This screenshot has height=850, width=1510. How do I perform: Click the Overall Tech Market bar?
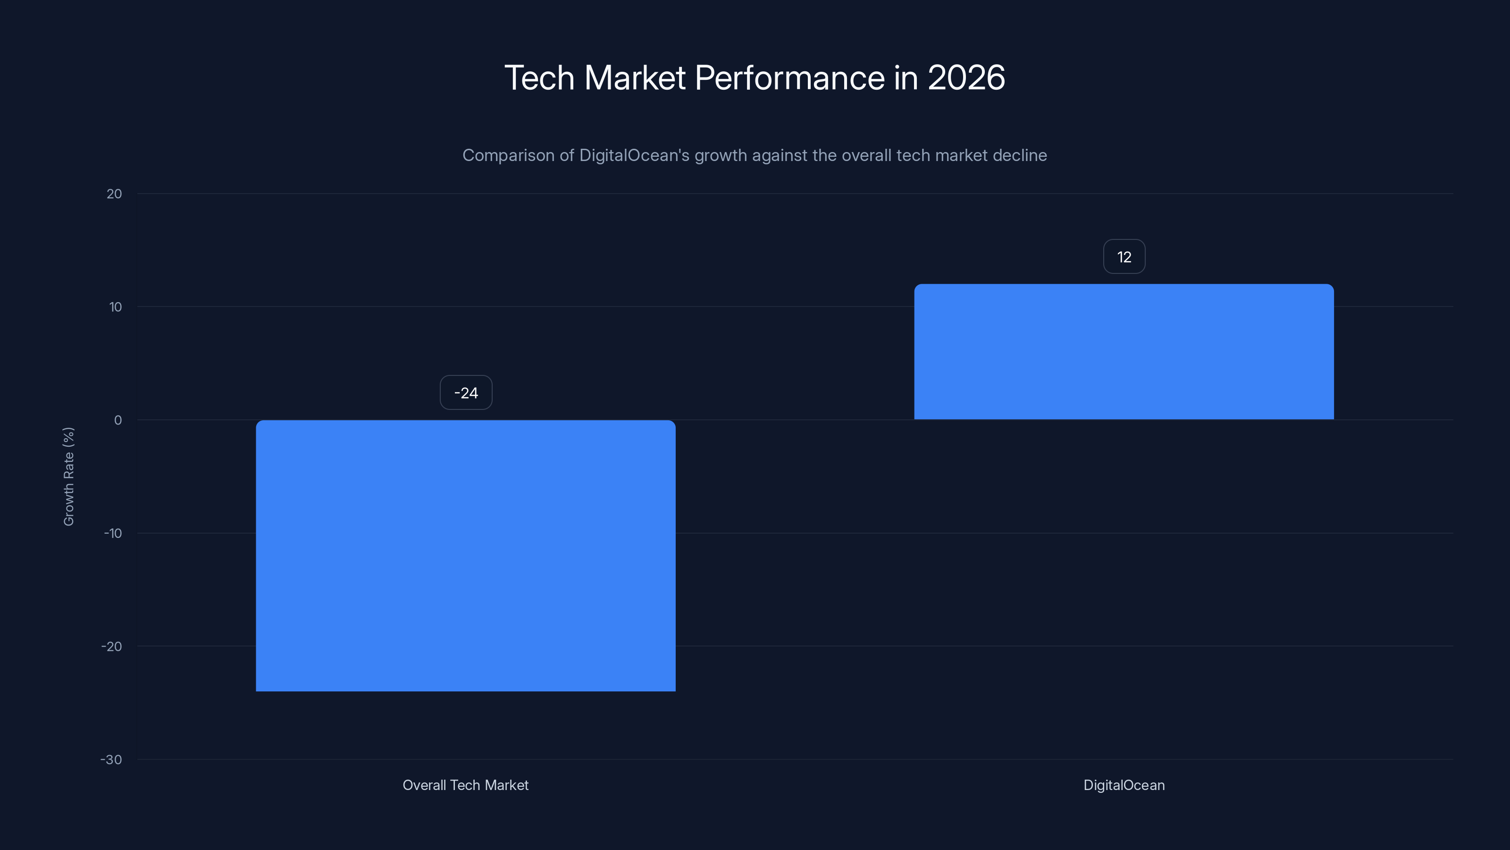(x=465, y=555)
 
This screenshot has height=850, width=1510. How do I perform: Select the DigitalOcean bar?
(x=1124, y=352)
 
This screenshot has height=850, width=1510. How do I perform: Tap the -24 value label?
(x=466, y=393)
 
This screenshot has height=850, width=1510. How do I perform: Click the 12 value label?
(x=1124, y=257)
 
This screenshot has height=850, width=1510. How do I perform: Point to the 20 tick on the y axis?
(x=114, y=194)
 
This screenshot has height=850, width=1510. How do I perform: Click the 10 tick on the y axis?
(x=116, y=307)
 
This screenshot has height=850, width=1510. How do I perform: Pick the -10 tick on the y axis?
(x=113, y=534)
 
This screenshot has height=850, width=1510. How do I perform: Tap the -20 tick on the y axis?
(x=112, y=647)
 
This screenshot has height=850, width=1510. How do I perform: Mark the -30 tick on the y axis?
(x=111, y=760)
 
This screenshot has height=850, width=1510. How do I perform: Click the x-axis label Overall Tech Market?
(x=465, y=785)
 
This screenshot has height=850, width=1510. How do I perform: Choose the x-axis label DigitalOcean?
(x=1124, y=785)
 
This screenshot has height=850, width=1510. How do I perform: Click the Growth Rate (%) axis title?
(x=68, y=476)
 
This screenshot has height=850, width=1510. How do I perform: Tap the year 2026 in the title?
(x=966, y=77)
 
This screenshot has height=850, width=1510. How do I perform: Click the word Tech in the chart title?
(x=539, y=77)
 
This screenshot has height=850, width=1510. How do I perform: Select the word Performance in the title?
(x=789, y=78)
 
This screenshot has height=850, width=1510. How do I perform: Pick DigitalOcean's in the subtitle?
(x=634, y=156)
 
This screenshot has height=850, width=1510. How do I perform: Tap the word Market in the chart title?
(x=635, y=77)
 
